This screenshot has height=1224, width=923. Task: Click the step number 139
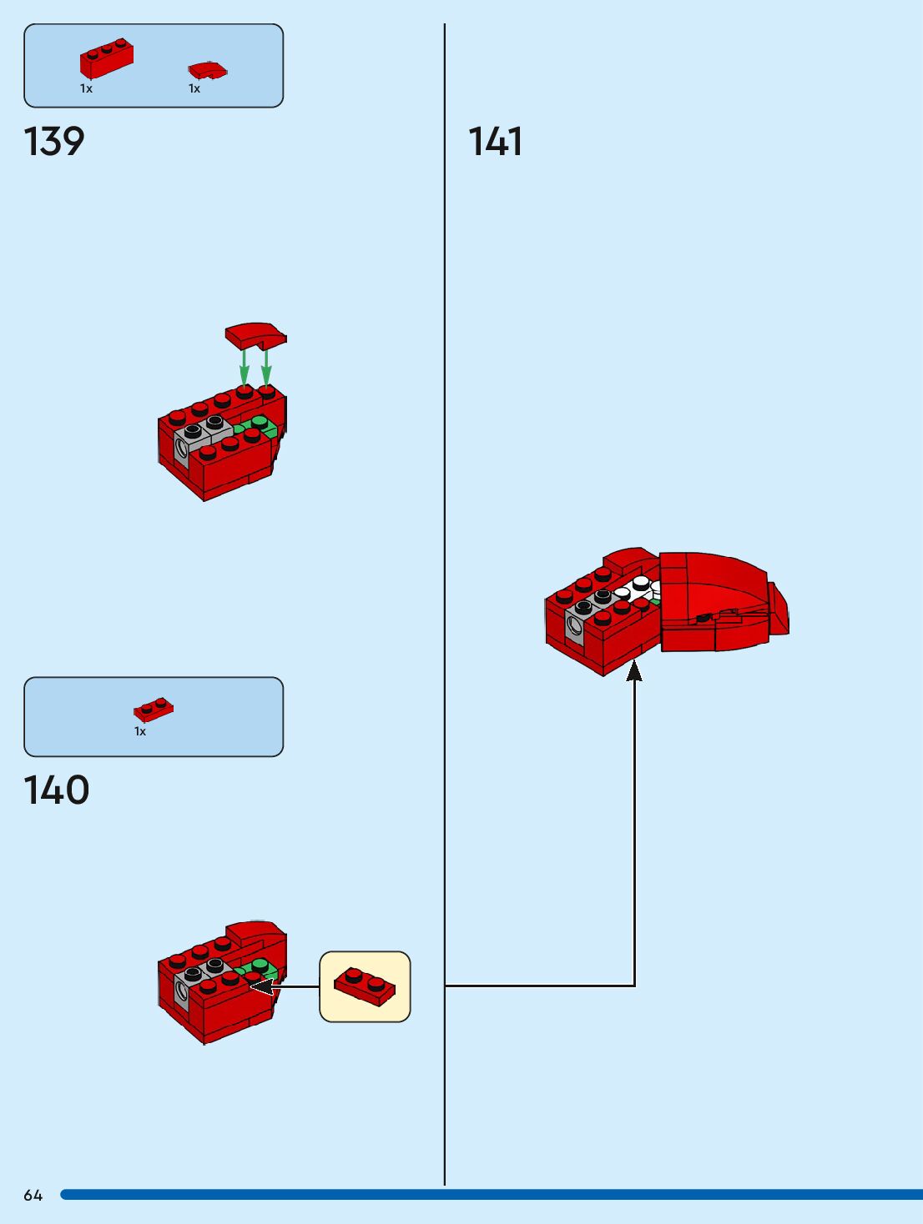[x=55, y=142]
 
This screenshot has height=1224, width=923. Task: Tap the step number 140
[x=57, y=790]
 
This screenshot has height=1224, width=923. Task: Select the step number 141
[x=496, y=142]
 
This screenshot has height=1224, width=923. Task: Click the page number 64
[x=33, y=1196]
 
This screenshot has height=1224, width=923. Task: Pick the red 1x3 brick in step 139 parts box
[x=107, y=58]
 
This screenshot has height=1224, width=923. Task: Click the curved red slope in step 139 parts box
[x=208, y=70]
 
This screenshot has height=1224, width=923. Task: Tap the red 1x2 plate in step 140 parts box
[x=154, y=710]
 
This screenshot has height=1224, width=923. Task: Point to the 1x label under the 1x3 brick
[x=86, y=88]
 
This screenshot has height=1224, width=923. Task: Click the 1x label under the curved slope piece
[x=194, y=88]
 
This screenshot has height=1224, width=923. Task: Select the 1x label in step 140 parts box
[x=140, y=731]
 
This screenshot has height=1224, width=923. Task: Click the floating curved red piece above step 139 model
[x=255, y=335]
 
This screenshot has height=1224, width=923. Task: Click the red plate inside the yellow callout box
[x=366, y=986]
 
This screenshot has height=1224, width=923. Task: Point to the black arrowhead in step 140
[x=261, y=986]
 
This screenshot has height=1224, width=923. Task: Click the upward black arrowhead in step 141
[x=634, y=670]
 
